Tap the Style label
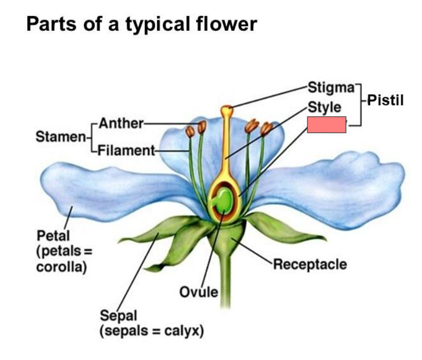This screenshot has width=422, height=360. pos(324,107)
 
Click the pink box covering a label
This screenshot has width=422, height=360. pos(326,124)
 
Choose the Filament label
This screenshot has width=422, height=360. pos(125,150)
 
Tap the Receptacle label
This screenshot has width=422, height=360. pos(310,264)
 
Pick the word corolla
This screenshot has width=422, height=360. pos(61,267)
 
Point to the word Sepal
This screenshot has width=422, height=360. pos(115,314)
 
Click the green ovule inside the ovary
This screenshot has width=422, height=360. pos(223,200)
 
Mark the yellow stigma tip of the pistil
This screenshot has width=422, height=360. pos(227,110)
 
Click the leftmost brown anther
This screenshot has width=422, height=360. pos(190,132)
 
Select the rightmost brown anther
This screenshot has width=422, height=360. pos(266,129)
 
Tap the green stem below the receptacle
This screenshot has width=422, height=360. pos(225,288)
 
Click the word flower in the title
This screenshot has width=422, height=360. pos(229,24)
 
